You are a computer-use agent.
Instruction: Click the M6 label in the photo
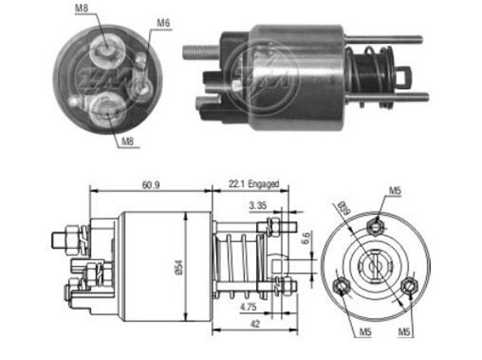[x=163, y=24]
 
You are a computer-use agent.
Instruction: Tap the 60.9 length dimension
[x=151, y=185]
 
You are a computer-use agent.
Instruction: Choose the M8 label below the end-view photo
[x=128, y=142]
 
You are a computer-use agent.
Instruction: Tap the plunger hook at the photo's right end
[x=404, y=75]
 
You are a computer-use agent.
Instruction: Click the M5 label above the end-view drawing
[x=395, y=190]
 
